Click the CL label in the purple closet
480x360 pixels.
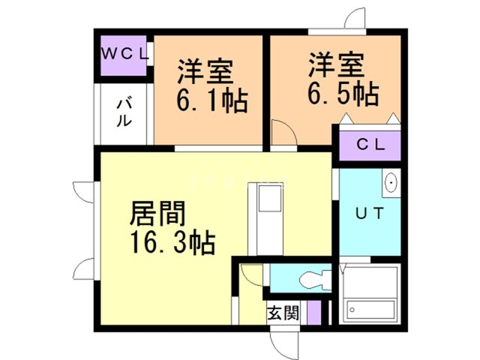point(370,145)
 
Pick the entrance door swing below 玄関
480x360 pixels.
point(284,341)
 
